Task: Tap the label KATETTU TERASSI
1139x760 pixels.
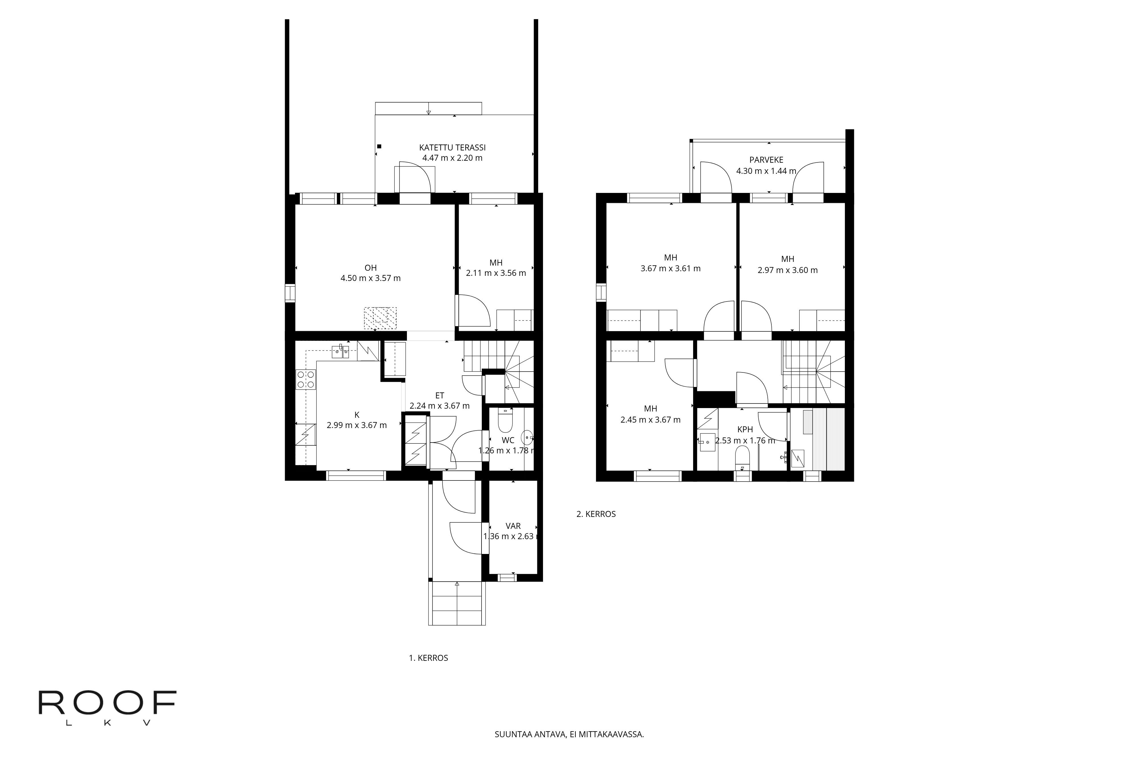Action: point(452,147)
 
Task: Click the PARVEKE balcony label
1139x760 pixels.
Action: point(766,160)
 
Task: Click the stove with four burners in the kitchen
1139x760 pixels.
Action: point(306,380)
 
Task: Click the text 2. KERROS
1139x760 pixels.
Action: point(596,514)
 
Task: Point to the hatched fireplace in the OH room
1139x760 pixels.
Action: point(380,318)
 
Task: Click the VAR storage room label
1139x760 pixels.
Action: point(513,526)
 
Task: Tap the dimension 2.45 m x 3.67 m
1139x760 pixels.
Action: point(650,420)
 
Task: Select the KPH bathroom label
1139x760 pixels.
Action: point(745,429)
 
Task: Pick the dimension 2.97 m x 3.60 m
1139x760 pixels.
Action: point(787,270)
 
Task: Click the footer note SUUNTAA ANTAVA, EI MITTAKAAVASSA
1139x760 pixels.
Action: point(569,734)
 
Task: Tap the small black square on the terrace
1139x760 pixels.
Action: point(380,146)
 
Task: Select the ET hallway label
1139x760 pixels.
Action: point(439,396)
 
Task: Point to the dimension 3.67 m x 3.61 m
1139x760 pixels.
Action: point(670,268)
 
